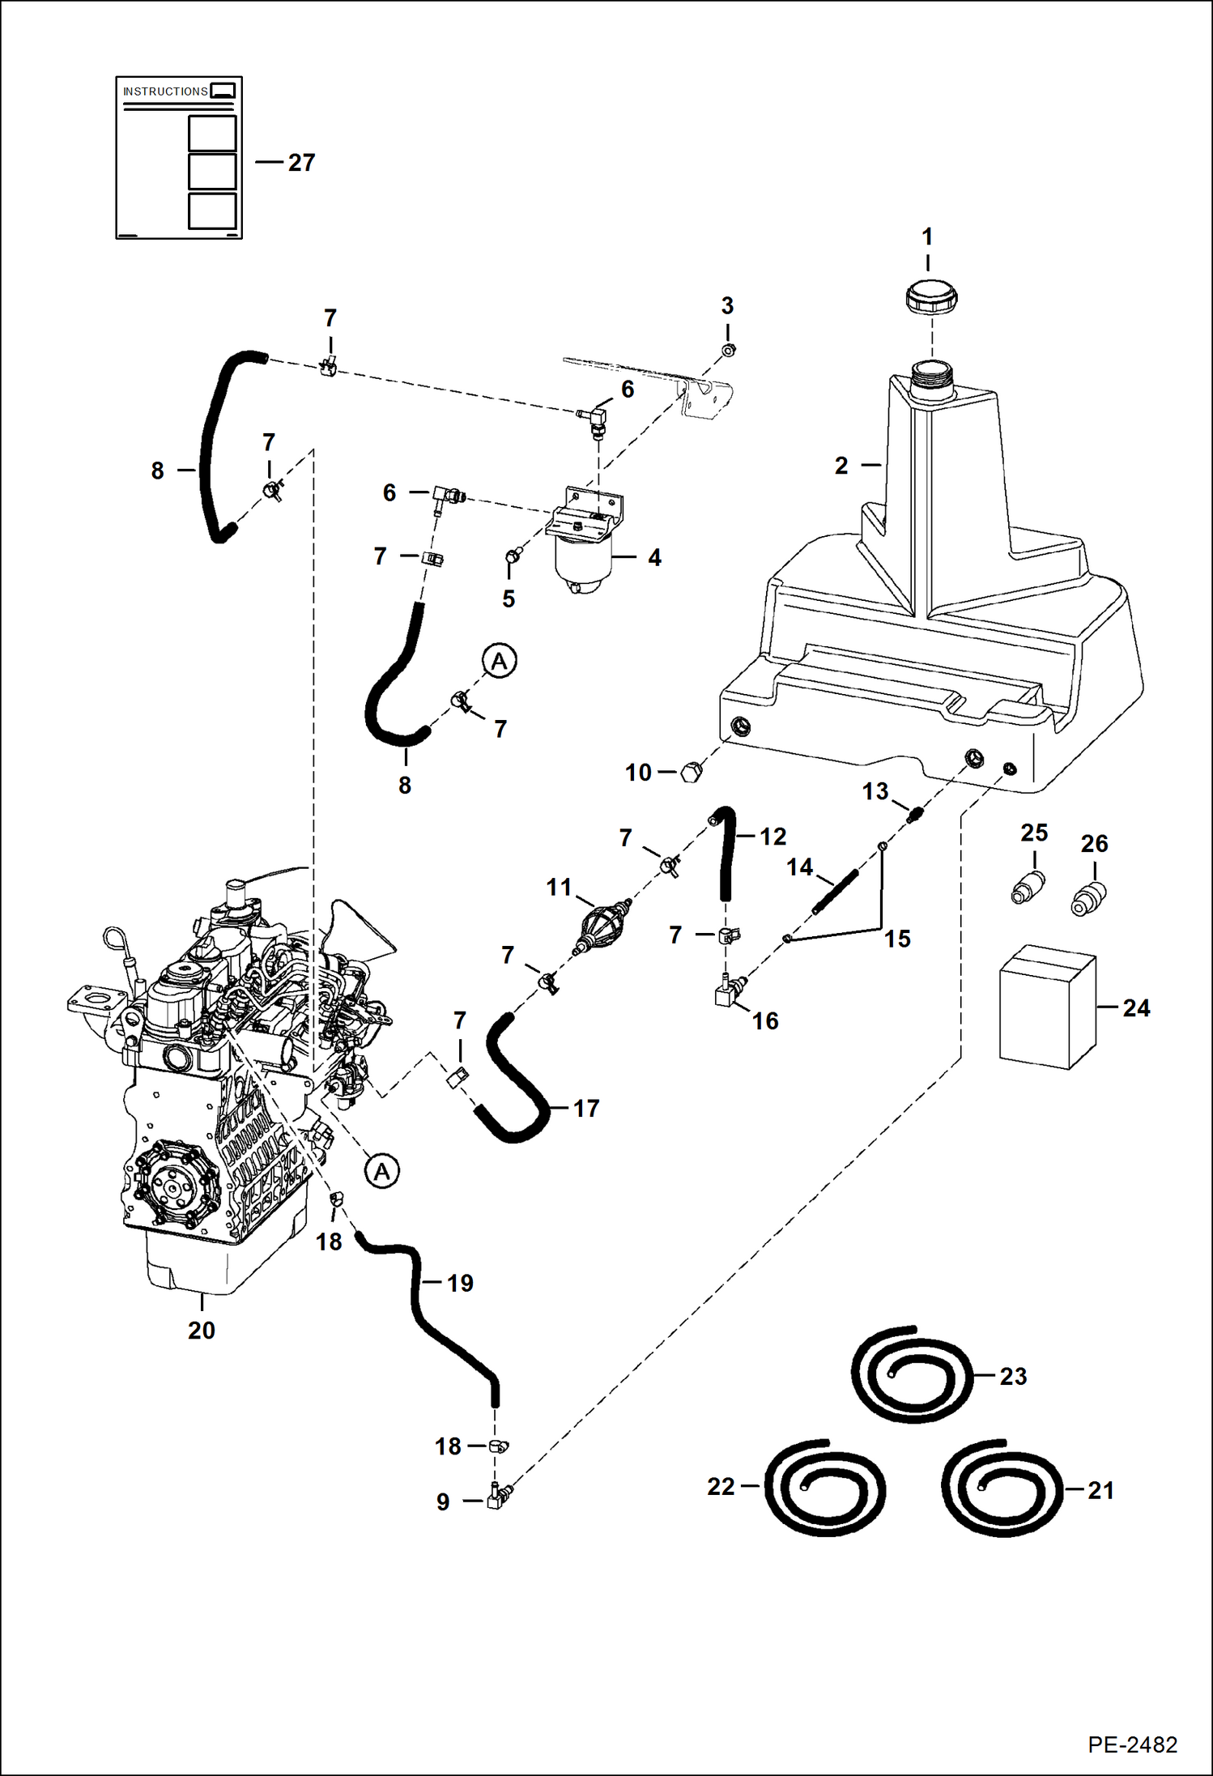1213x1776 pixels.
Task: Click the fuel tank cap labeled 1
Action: click(x=931, y=297)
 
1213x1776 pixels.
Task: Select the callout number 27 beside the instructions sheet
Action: click(x=301, y=163)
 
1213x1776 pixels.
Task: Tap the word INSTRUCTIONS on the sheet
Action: click(x=165, y=92)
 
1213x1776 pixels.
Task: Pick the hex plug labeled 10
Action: click(x=691, y=772)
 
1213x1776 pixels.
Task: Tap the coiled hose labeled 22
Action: click(x=825, y=1488)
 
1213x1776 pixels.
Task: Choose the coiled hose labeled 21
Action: click(x=1002, y=1488)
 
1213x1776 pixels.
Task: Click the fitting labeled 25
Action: click(x=1028, y=888)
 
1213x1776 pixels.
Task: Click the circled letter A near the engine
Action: click(x=382, y=1171)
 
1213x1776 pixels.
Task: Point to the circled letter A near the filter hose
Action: click(x=500, y=661)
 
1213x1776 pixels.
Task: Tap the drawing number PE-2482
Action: click(x=1132, y=1744)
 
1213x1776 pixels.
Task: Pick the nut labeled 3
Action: click(x=728, y=350)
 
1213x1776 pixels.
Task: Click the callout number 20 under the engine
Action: click(x=202, y=1331)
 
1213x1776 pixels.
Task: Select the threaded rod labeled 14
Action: click(x=835, y=892)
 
